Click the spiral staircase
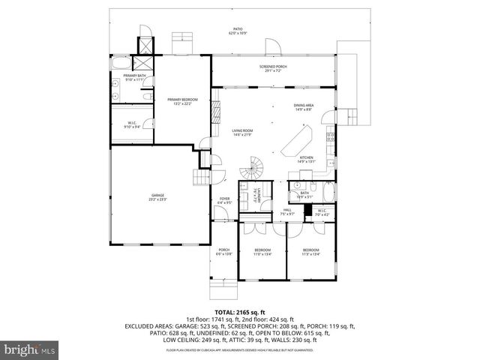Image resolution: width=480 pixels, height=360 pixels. [x=256, y=165]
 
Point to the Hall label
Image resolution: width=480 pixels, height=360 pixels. [x=287, y=211]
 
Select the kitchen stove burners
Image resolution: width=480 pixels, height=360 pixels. [x=329, y=136]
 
